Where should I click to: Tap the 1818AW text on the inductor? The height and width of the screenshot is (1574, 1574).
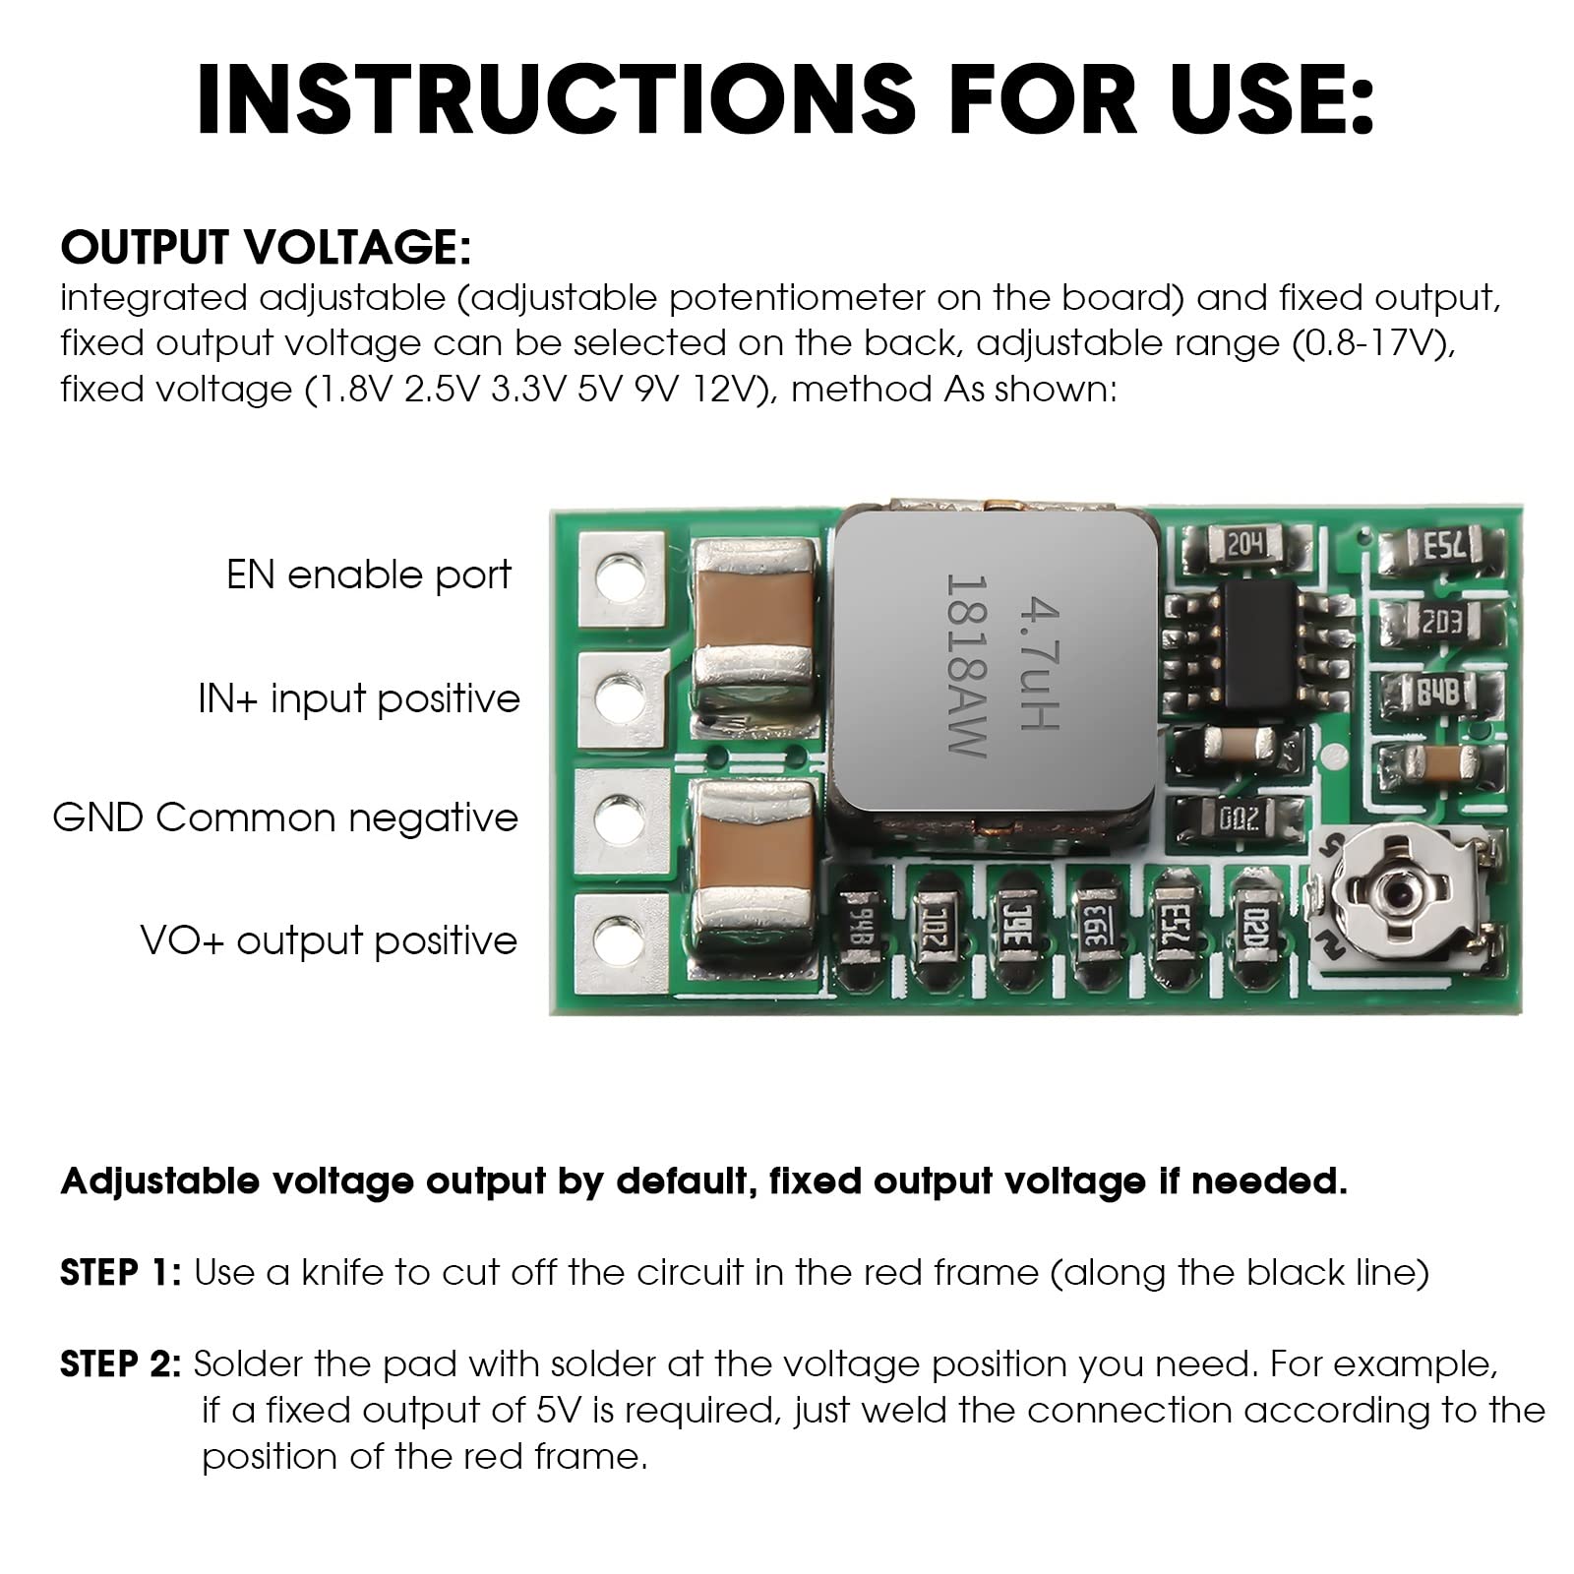point(966,666)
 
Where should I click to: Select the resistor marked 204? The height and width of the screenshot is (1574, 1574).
point(1245,544)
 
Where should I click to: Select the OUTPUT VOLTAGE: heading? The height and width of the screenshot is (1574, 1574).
point(266,247)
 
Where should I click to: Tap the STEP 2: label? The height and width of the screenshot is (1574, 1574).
point(120,1363)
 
